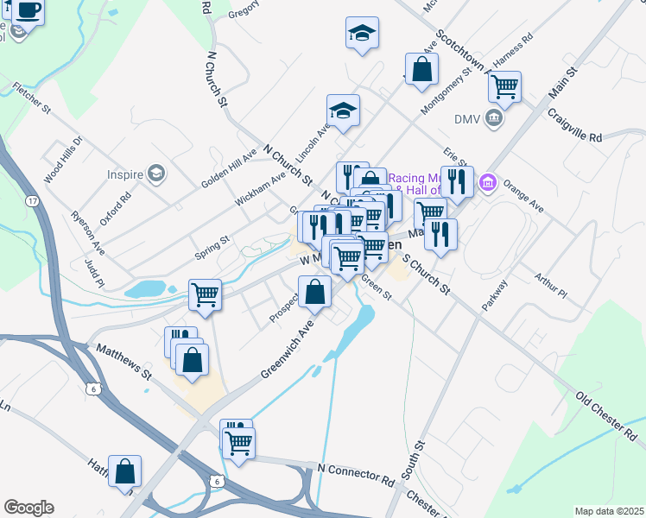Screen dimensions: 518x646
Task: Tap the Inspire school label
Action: coord(124,174)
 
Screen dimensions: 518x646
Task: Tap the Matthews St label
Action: coord(123,363)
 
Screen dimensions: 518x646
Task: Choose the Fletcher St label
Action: coord(32,98)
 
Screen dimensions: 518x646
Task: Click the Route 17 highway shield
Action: coord(32,201)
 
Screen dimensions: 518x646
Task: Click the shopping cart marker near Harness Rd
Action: coord(503,85)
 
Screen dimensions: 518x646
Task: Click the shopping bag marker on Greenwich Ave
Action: coord(315,291)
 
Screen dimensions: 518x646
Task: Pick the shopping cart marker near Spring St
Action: coord(206,294)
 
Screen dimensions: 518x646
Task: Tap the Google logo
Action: coord(28,508)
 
